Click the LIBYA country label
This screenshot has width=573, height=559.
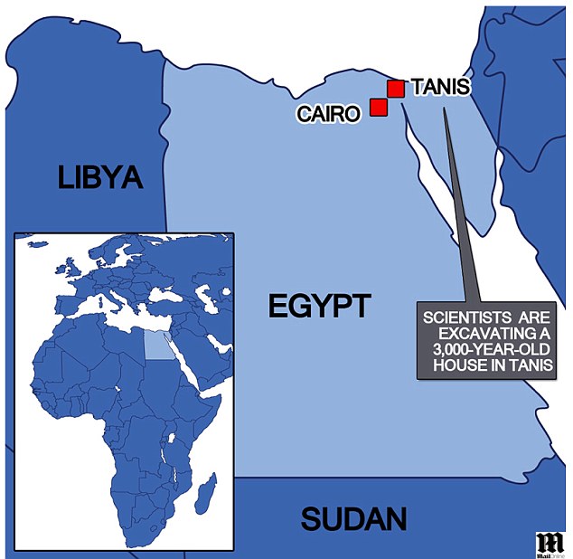(100, 176)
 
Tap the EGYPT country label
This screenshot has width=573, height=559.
(319, 306)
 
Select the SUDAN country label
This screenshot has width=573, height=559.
(353, 519)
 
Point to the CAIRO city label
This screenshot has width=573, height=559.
(329, 113)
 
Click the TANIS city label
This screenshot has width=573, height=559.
(439, 88)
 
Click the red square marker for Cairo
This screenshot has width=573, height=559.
(379, 108)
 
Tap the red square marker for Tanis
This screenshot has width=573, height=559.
(395, 88)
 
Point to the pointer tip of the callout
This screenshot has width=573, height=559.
(445, 111)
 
